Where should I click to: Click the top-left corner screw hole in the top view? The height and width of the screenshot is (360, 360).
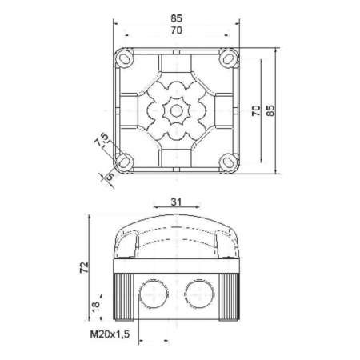point(125,60)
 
